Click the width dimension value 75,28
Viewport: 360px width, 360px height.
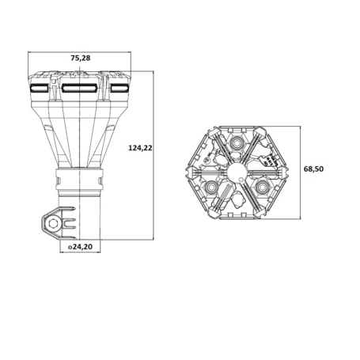(x=79, y=58)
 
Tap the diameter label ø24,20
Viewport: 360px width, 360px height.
(x=81, y=248)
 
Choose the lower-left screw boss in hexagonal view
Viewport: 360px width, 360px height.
(x=214, y=187)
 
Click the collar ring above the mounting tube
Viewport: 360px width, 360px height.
(x=79, y=181)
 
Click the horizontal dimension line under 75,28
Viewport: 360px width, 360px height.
(x=79, y=66)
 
